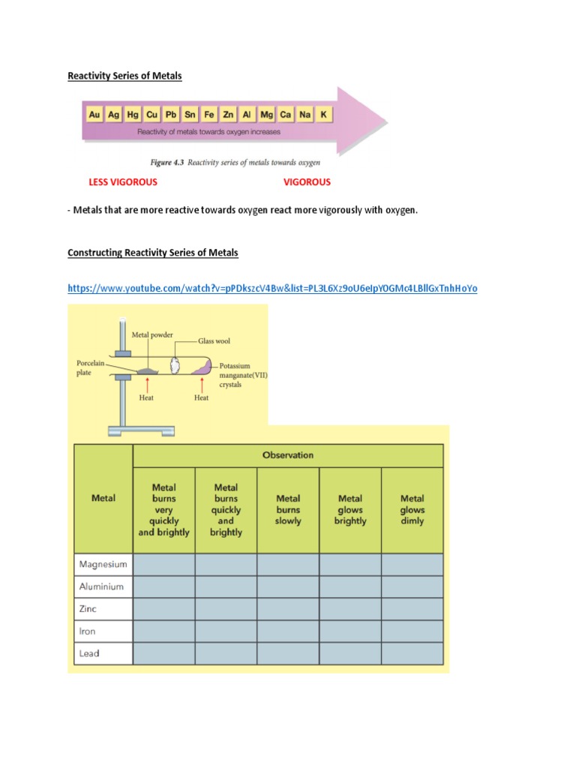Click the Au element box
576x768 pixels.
pyautogui.click(x=94, y=115)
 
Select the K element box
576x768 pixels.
pyautogui.click(x=323, y=115)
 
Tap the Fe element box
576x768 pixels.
pyautogui.click(x=209, y=115)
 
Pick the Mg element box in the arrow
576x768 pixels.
pyautogui.click(x=266, y=115)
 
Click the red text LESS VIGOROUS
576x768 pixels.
pyautogui.click(x=123, y=182)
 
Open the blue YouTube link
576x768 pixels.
pyautogui.click(x=272, y=288)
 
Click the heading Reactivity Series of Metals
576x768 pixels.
pyautogui.click(x=124, y=76)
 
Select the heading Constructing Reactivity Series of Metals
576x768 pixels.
pyautogui.click(x=153, y=253)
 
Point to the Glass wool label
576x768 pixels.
pyautogui.click(x=214, y=340)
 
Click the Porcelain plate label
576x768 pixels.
pyautogui.click(x=90, y=367)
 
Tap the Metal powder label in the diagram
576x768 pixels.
pyautogui.click(x=152, y=334)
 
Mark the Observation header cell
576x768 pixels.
pyautogui.click(x=288, y=455)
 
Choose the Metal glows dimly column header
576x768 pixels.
pyautogui.click(x=412, y=509)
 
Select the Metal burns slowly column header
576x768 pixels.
pyautogui.click(x=288, y=509)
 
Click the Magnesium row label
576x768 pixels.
pyautogui.click(x=103, y=564)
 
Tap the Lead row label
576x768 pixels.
pyautogui.click(x=89, y=653)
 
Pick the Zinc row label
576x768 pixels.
pyautogui.click(x=88, y=609)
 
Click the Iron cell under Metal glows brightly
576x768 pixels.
pyautogui.click(x=350, y=631)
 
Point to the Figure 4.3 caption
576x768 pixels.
pyautogui.click(x=235, y=162)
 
